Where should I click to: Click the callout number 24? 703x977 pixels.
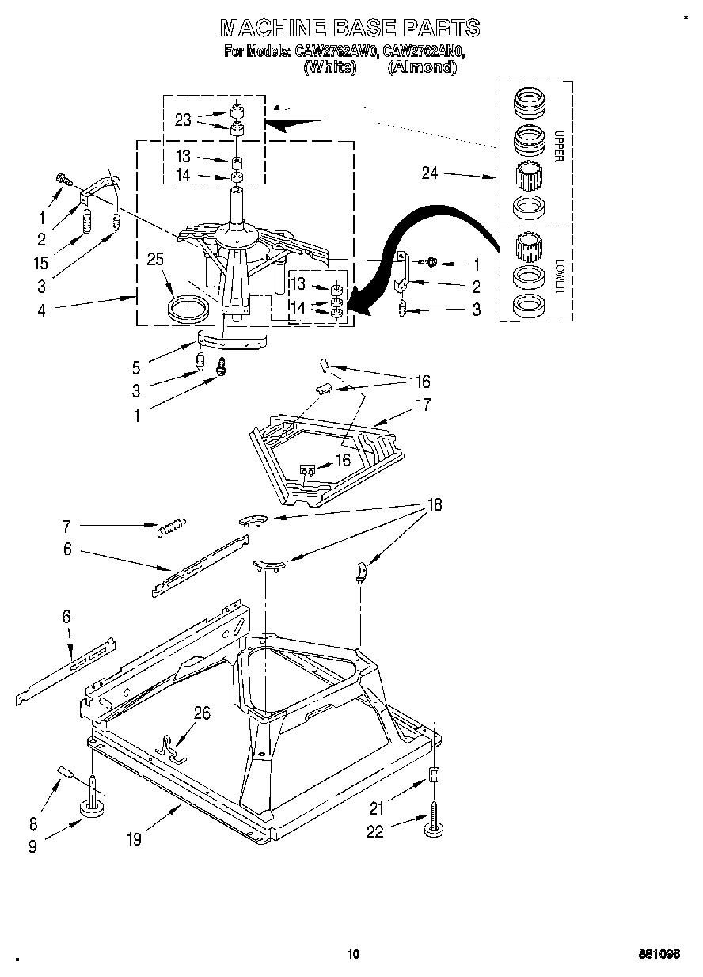(431, 173)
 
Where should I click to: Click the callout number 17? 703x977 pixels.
(423, 405)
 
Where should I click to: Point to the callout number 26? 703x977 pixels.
(202, 713)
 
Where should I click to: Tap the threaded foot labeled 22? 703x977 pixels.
(434, 825)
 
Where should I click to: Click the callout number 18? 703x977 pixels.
(435, 504)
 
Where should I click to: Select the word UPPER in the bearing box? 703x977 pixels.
(558, 146)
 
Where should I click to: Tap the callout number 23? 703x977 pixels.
(183, 120)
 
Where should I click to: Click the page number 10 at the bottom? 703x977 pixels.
(353, 954)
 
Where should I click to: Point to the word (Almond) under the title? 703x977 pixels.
(422, 68)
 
